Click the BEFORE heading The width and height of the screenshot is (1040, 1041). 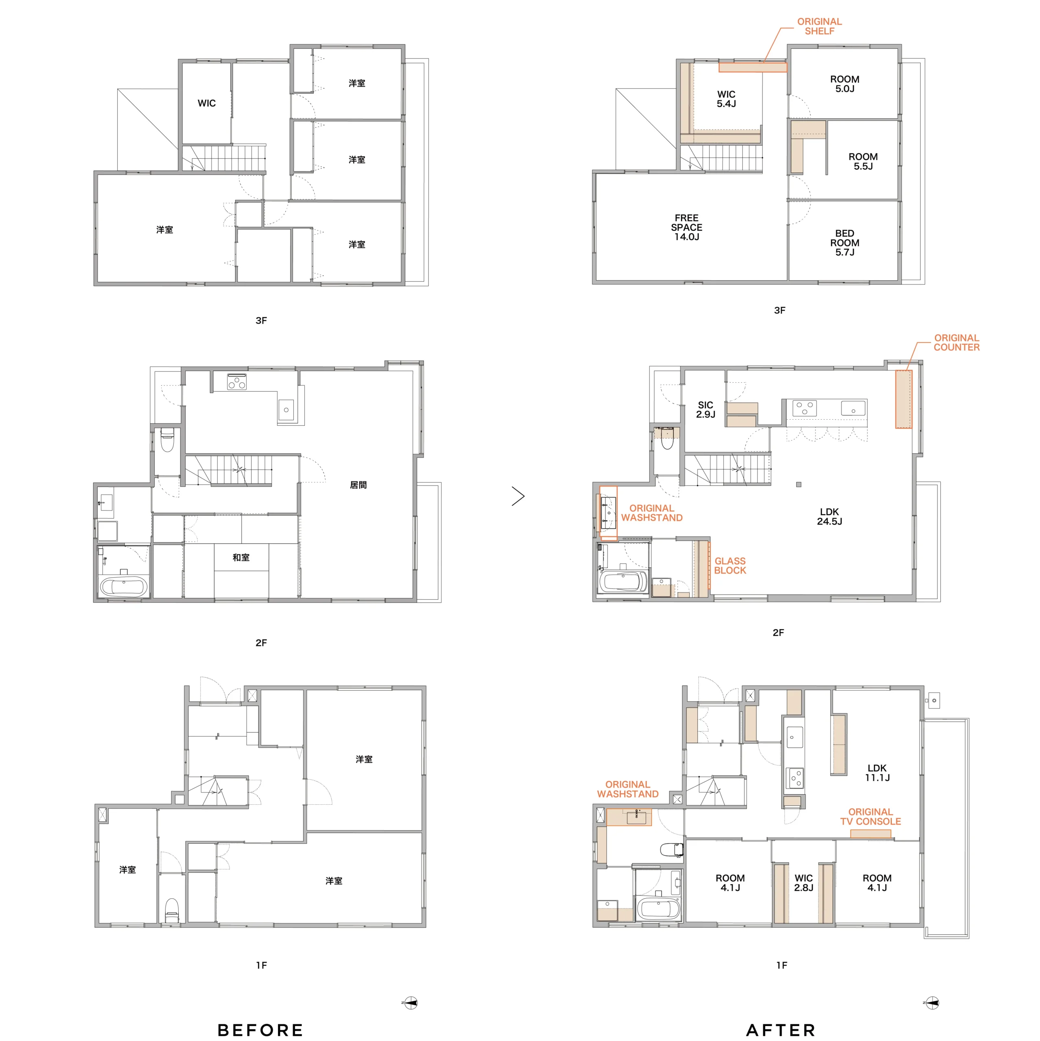[260, 1030]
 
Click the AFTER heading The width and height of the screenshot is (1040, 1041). [781, 1030]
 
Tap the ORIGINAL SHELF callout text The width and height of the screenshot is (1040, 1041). [819, 26]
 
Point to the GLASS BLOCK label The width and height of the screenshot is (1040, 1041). [730, 566]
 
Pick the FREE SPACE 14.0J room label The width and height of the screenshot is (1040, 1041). [686, 227]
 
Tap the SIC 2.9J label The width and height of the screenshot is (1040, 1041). [705, 409]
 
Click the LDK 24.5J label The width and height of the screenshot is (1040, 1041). [829, 516]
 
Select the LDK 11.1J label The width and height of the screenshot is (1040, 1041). [877, 773]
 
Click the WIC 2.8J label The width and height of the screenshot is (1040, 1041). [803, 882]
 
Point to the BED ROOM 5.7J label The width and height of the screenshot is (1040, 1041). [844, 242]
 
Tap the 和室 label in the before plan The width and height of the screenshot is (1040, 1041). [241, 557]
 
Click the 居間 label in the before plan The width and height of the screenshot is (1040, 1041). [358, 485]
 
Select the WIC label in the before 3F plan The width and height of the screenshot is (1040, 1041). [206, 103]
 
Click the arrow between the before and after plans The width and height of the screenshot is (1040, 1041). [518, 496]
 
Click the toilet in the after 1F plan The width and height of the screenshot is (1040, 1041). [672, 850]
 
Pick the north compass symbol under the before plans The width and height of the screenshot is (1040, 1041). [410, 1003]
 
